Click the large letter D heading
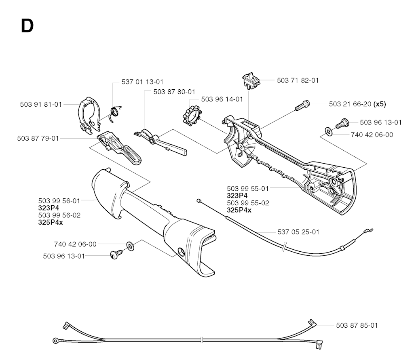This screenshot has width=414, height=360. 27,26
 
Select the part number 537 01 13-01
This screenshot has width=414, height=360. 142,82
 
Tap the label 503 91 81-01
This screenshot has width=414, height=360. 41,105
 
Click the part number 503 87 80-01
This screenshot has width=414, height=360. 174,92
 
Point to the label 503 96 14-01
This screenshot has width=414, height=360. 222,99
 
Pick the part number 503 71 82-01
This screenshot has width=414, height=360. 298,80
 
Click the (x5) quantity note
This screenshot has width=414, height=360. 380,104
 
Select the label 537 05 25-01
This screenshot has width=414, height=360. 298,232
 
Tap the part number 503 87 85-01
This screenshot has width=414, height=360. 357,325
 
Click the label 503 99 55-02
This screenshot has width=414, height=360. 248,203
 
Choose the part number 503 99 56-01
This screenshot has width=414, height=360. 59,201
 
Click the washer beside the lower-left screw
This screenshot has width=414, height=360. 130,246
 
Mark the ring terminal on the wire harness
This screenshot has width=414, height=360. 56,341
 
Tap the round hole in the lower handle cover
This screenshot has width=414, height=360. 182,252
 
